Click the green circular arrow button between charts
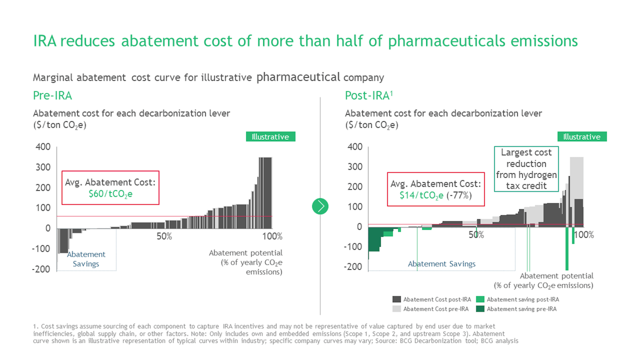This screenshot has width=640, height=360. [320, 206]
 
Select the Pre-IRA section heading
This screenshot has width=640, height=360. [52, 96]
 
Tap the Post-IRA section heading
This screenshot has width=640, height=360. [367, 96]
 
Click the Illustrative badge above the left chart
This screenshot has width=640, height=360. [270, 137]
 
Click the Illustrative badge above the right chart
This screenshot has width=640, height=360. [582, 137]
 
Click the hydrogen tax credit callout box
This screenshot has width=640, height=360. [526, 169]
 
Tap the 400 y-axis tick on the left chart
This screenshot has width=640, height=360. [43, 147]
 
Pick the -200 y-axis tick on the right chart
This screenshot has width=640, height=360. [353, 267]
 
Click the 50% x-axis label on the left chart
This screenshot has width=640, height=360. [164, 236]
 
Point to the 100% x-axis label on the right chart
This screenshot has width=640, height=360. [584, 235]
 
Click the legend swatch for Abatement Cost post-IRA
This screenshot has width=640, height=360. [396, 299]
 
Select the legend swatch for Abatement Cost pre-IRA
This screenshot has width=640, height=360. [396, 309]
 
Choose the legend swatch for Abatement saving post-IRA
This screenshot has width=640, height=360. [480, 299]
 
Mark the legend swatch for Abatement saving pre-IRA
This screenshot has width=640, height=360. [480, 309]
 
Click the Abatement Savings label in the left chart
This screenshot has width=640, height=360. [86, 259]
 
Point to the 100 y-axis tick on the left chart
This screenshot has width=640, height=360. [43, 208]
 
